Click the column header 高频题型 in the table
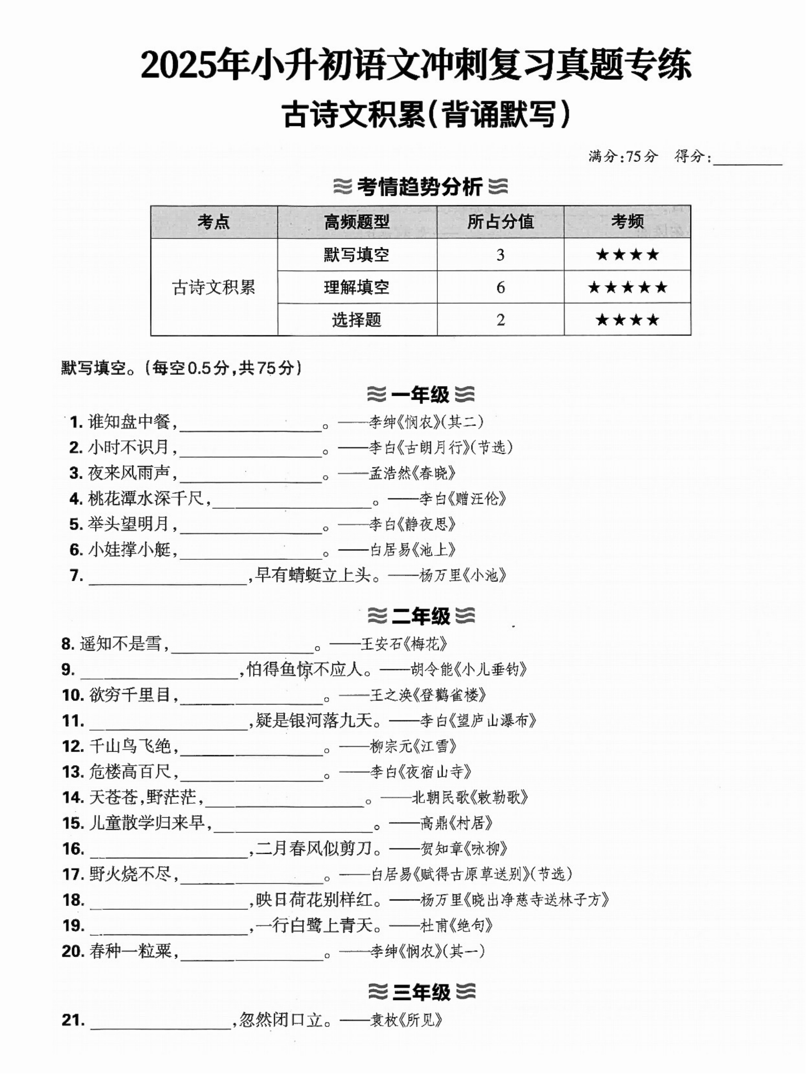tap(356, 222)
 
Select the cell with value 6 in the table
tap(500, 287)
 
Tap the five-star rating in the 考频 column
tap(627, 287)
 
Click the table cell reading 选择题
tap(356, 320)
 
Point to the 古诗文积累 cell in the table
tap(214, 287)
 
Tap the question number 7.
tap(76, 576)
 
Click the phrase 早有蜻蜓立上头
tap(313, 575)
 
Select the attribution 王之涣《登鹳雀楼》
tap(428, 695)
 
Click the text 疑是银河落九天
tap(315, 720)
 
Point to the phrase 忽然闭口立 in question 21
tap(281, 1020)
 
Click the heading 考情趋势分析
tap(420, 187)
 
